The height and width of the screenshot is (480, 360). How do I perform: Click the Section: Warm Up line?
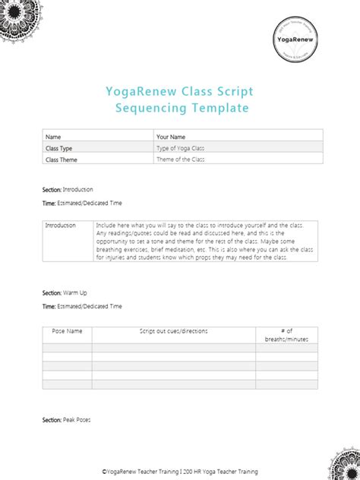coord(65,292)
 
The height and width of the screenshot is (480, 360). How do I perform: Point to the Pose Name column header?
coord(66,331)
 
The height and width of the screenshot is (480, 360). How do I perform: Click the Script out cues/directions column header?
coord(173,331)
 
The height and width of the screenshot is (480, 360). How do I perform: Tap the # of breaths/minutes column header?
coord(286,335)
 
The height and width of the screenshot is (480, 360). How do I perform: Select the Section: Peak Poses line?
coord(66,420)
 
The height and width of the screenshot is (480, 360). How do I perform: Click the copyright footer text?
coord(179,471)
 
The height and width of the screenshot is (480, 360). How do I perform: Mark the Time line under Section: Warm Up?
coord(82,306)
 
